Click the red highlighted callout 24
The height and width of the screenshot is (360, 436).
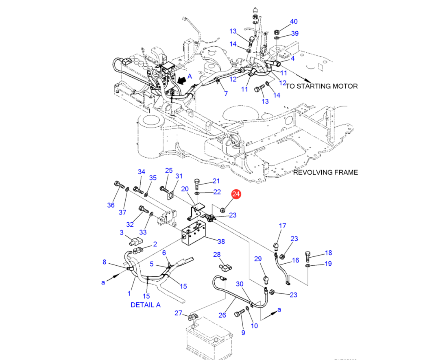pos(236,194)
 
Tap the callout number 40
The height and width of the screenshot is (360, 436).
pos(294,22)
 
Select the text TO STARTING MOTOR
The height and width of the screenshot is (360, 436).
pos(322,86)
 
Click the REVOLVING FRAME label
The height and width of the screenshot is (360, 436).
pos(326,172)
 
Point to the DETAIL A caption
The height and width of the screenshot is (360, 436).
pos(146,305)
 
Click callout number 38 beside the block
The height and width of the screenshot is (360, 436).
pos(221,241)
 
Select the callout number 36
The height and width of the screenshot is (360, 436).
pos(111,205)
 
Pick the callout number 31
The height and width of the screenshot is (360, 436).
pos(179,176)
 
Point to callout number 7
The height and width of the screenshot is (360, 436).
pos(226,94)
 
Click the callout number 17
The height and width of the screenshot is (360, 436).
pos(282,226)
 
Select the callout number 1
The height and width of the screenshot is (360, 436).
pos(129,293)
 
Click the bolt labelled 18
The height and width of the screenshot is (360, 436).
pos(307,256)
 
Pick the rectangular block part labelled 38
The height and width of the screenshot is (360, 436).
pos(194,236)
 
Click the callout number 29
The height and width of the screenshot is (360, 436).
pos(258,259)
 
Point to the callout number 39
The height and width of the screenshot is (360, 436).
pos(295,33)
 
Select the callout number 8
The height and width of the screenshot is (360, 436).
pos(105,262)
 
